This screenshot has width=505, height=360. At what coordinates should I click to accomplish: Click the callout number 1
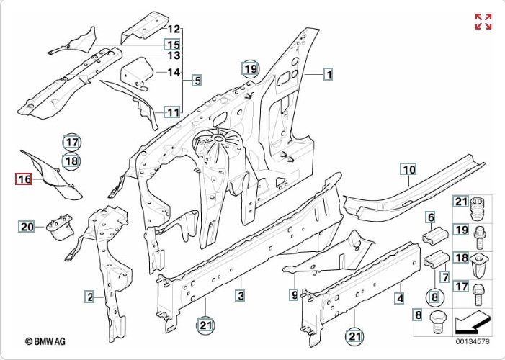[328, 73]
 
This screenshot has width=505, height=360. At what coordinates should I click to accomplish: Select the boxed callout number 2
[89, 297]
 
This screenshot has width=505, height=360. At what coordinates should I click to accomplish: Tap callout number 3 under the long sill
[241, 296]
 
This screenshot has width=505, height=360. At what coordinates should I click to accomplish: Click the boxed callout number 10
[409, 170]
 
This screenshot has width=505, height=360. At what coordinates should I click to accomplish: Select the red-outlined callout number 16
[24, 179]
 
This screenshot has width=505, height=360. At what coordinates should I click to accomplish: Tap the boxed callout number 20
[27, 228]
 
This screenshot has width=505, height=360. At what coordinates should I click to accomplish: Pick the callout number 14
[174, 72]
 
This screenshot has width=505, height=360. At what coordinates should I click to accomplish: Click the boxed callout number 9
[294, 294]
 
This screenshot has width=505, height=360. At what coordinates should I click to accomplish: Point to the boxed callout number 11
[173, 112]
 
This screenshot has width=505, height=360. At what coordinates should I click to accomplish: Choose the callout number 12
[174, 30]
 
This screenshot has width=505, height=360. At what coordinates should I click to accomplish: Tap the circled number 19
[249, 69]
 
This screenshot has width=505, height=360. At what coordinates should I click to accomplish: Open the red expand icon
[483, 22]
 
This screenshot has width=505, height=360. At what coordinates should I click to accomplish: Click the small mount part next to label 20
[59, 227]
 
